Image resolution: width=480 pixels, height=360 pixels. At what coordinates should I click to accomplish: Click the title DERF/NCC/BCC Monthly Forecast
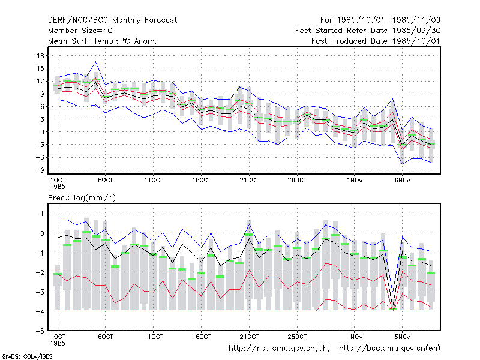pyautogui.click(x=112, y=20)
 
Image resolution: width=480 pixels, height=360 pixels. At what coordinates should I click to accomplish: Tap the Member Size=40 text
pyautogui.click(x=80, y=31)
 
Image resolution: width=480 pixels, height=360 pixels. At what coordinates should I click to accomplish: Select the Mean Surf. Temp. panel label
pyautogui.click(x=103, y=41)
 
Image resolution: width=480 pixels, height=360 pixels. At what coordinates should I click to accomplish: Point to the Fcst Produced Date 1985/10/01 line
pyautogui.click(x=376, y=41)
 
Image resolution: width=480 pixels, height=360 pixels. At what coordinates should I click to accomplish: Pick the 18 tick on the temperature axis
pyautogui.click(x=40, y=56)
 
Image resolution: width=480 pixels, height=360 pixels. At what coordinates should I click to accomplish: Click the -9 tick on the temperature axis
pyautogui.click(x=40, y=170)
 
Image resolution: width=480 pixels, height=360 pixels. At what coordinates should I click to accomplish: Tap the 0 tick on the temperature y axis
pyautogui.click(x=42, y=132)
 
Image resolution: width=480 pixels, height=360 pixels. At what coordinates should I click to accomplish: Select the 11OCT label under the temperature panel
pyautogui.click(x=154, y=180)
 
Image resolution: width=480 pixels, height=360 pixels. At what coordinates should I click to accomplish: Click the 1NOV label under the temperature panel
pyautogui.click(x=355, y=180)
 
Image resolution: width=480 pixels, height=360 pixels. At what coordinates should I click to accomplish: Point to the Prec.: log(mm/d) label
pyautogui.click(x=82, y=198)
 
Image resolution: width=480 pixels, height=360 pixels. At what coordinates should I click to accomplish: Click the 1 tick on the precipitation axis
pyautogui.click(x=42, y=214)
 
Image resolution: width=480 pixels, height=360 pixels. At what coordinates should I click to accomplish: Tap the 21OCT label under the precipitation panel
pyautogui.click(x=249, y=337)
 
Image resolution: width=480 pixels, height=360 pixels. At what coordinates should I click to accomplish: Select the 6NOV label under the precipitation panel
pyautogui.click(x=402, y=337)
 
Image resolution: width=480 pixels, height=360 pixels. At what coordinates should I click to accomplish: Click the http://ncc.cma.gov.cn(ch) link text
pyautogui.click(x=279, y=349)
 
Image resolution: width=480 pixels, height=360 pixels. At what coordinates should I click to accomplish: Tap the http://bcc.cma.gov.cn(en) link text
pyautogui.click(x=389, y=349)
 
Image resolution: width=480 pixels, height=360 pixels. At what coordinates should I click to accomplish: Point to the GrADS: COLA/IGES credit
pyautogui.click(x=27, y=356)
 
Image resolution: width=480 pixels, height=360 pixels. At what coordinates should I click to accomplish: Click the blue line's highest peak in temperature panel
pyautogui.click(x=96, y=62)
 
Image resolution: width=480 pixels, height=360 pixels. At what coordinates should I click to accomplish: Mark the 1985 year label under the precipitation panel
pyautogui.click(x=58, y=343)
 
